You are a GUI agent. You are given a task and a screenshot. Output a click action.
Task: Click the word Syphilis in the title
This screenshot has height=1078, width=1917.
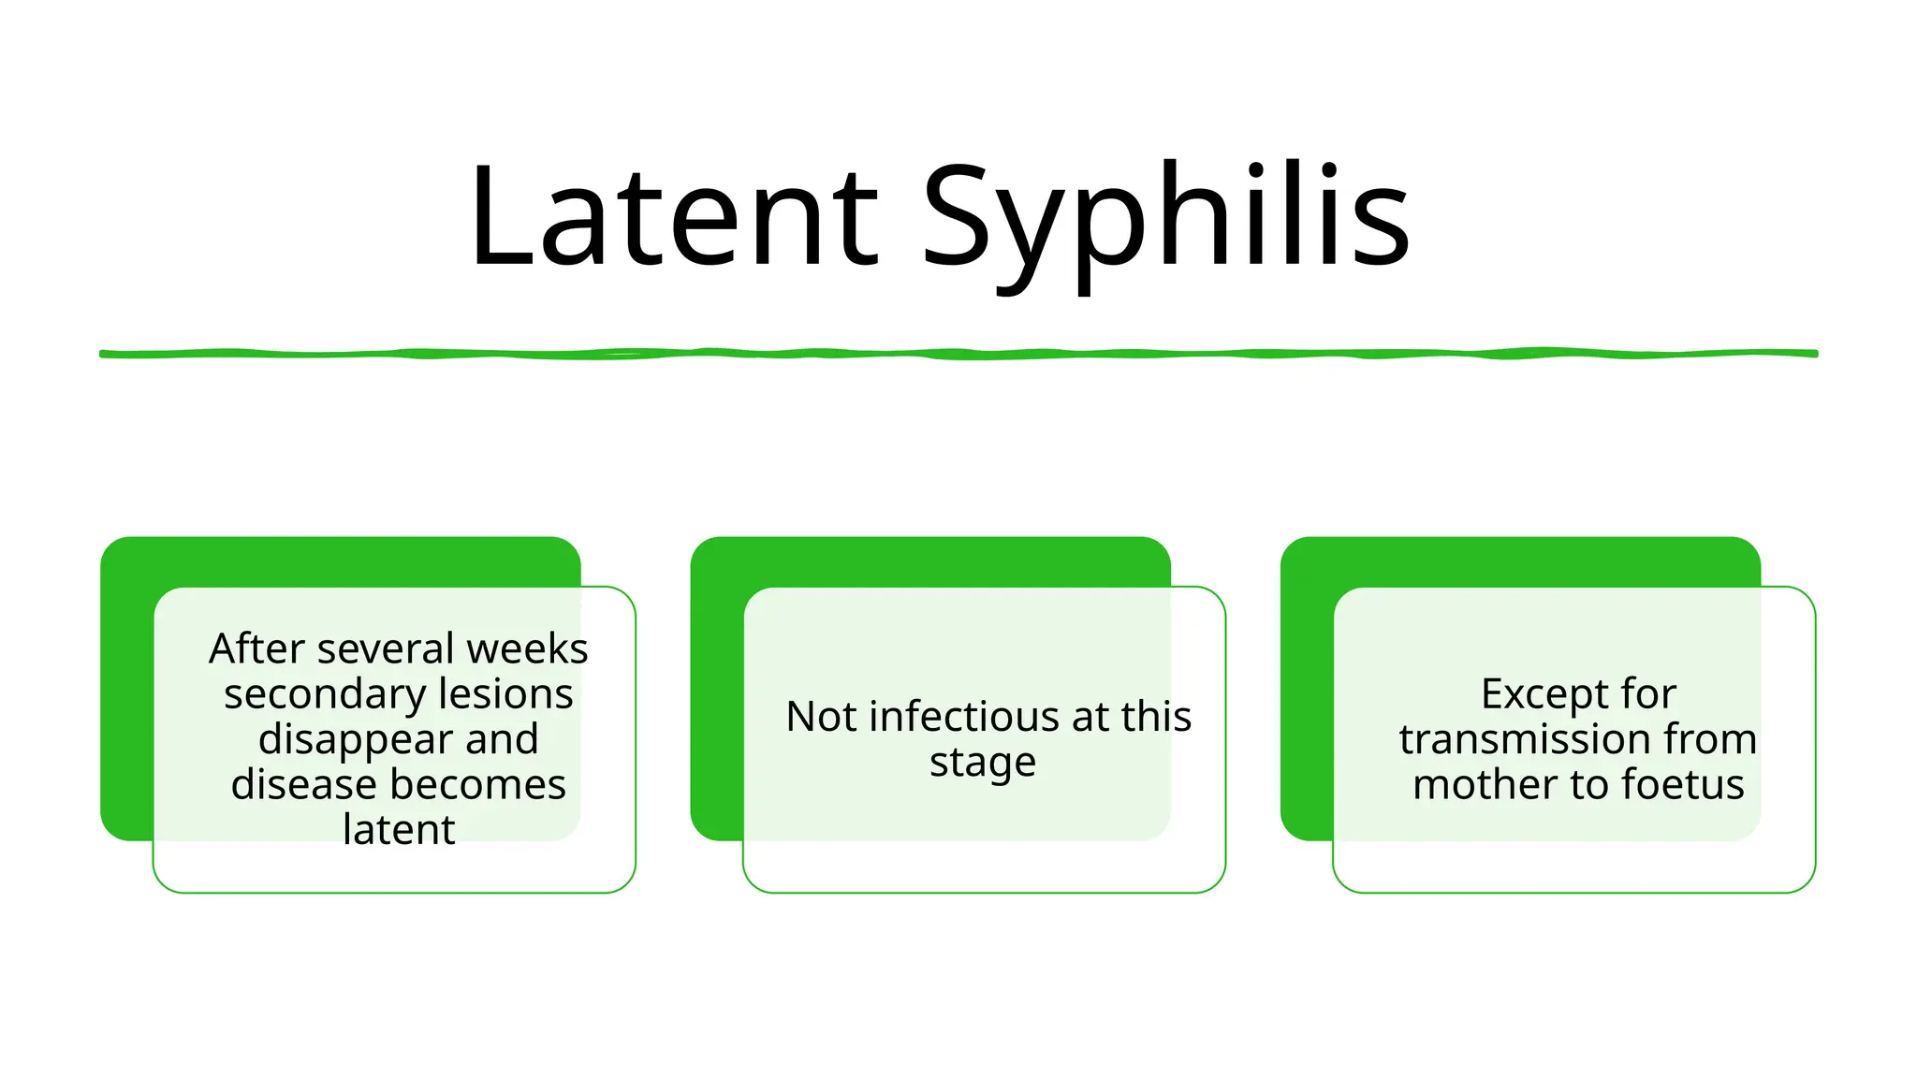pyautogui.click(x=1165, y=217)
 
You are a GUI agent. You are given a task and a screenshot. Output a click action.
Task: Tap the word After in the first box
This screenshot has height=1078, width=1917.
pyautogui.click(x=256, y=648)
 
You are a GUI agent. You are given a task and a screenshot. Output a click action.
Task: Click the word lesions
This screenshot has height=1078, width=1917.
pyautogui.click(x=505, y=694)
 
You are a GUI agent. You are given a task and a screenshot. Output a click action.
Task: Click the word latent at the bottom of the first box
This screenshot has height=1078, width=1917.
pyautogui.click(x=399, y=829)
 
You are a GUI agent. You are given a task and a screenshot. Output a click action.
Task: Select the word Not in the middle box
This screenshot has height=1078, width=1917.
pyautogui.click(x=821, y=717)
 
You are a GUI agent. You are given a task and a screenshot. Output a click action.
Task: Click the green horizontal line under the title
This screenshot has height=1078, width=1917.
pyautogui.click(x=958, y=354)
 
